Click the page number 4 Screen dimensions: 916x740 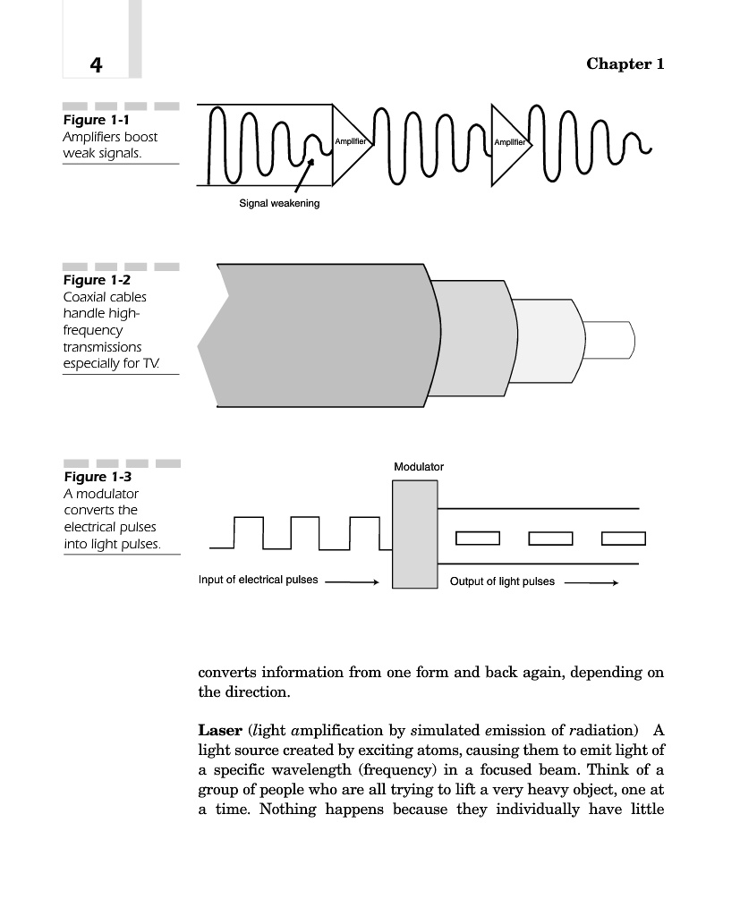[x=96, y=64]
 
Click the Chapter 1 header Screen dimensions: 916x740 [x=625, y=64]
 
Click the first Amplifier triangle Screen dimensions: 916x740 [x=349, y=142]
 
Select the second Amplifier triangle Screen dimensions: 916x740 [x=508, y=142]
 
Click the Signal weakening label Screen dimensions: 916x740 [x=279, y=203]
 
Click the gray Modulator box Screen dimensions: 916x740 [x=415, y=534]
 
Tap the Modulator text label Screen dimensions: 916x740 [x=419, y=467]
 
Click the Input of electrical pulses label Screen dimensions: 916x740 [x=258, y=580]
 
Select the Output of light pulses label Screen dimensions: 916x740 [x=502, y=581]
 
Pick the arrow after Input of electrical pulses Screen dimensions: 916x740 [x=353, y=581]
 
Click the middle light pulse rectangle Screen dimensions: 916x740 [x=550, y=538]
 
